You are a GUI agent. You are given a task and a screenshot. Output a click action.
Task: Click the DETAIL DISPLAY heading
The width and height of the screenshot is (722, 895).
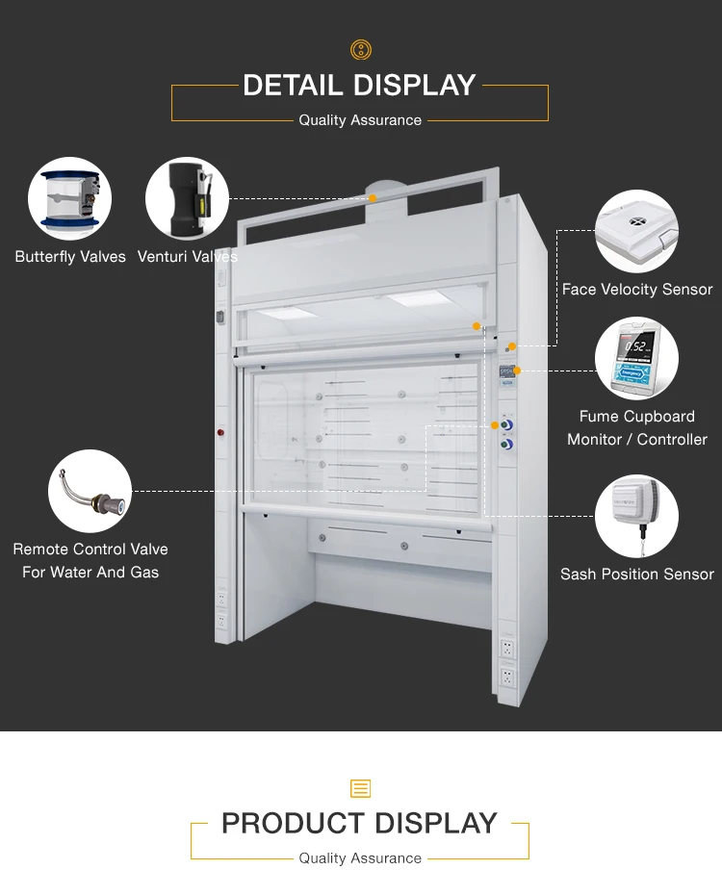pyautogui.click(x=359, y=86)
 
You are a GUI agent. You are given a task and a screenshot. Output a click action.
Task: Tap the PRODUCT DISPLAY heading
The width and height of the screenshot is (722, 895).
pyautogui.click(x=359, y=824)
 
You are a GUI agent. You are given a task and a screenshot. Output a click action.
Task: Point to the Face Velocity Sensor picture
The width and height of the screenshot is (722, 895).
pyautogui.click(x=636, y=231)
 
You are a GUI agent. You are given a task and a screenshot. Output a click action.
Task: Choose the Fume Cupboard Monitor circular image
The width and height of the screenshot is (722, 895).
pyautogui.click(x=636, y=359)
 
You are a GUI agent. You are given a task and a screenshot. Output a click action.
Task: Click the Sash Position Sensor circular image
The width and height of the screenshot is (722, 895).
pyautogui.click(x=636, y=516)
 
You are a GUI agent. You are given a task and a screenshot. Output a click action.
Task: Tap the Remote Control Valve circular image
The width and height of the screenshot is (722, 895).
pyautogui.click(x=90, y=491)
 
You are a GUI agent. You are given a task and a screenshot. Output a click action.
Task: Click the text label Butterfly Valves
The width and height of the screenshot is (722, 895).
pyautogui.click(x=70, y=257)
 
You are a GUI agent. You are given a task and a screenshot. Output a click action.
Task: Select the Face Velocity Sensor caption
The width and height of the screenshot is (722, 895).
pyautogui.click(x=637, y=289)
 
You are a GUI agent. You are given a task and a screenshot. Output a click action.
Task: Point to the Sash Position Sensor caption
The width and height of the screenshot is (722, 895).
pyautogui.click(x=637, y=574)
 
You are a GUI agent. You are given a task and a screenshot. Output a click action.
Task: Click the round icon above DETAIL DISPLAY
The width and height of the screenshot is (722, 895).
pyautogui.click(x=360, y=50)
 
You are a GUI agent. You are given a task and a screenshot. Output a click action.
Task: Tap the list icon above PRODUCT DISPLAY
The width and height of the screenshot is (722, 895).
pyautogui.click(x=360, y=789)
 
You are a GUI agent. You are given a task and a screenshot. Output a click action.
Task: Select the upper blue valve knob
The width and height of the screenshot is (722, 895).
pyautogui.click(x=506, y=423)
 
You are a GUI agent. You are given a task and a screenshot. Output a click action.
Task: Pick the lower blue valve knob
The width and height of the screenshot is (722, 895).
pyautogui.click(x=506, y=445)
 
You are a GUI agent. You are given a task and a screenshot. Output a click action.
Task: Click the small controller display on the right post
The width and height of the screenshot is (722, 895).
pyautogui.click(x=507, y=372)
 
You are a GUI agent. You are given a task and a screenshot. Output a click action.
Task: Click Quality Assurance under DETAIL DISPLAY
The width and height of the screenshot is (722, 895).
pyautogui.click(x=360, y=120)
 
